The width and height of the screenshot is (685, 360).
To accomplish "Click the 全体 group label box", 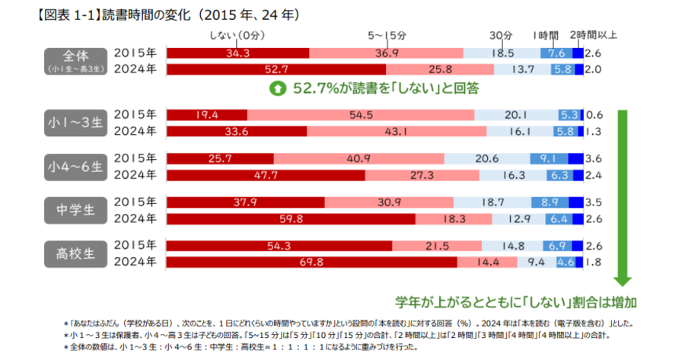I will click(x=76, y=61).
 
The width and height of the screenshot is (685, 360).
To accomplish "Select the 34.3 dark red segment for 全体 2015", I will click(x=237, y=53).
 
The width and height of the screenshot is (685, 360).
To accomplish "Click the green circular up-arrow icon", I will click(x=279, y=89).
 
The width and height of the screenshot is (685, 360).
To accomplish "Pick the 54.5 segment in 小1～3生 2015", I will click(x=359, y=115).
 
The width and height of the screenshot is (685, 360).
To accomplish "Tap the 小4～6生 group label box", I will click(x=76, y=167).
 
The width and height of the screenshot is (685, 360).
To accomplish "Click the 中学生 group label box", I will click(x=76, y=211).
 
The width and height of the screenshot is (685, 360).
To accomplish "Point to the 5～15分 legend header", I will click(x=388, y=35).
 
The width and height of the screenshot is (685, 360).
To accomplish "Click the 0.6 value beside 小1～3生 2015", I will click(x=595, y=115).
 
